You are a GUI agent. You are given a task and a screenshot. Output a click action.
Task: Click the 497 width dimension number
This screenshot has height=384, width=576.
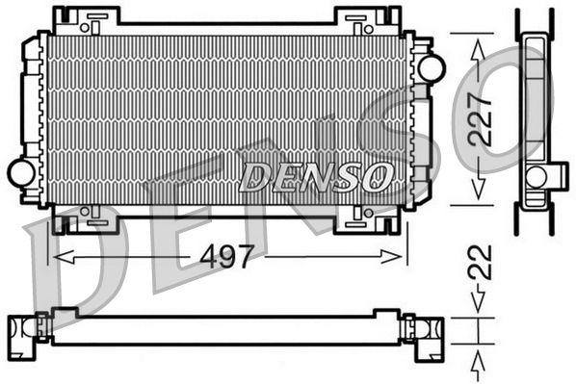tap(227, 256)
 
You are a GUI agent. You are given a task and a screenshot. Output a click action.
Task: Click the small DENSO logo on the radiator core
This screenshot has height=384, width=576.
tap(316, 176)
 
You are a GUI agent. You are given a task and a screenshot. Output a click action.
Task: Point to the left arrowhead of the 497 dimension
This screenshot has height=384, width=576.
tap(58, 256)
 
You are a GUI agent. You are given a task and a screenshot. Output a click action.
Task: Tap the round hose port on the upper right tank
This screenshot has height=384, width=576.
tap(430, 67)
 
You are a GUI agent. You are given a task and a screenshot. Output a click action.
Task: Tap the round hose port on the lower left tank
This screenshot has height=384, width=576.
tap(21, 173)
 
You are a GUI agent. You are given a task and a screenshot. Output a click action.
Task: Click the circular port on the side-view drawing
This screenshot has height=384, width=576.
tap(537, 176)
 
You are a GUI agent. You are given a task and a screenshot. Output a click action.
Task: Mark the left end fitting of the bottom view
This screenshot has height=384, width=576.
tap(26, 329)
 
